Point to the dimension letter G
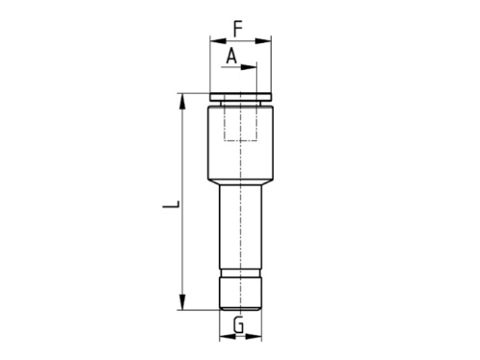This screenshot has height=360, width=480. [x=239, y=324]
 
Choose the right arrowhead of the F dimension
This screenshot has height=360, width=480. [x=267, y=40]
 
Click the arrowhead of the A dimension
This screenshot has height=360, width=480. [x=252, y=67]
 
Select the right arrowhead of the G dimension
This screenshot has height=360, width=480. [x=254, y=338]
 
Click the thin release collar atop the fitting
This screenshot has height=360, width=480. [x=240, y=97]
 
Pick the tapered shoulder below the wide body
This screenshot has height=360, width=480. [x=240, y=180]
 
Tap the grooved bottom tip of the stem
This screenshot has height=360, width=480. [x=240, y=294]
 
